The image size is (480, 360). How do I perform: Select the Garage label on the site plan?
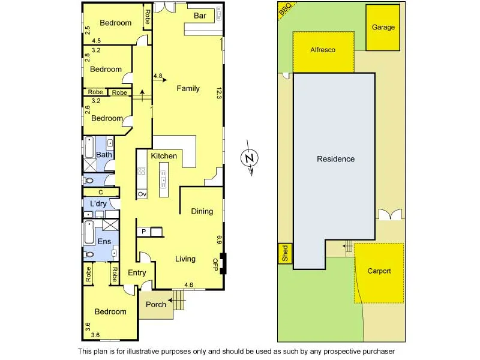click(x=383, y=28)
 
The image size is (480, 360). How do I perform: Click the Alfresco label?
click(x=322, y=50)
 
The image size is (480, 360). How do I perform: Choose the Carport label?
click(x=379, y=271)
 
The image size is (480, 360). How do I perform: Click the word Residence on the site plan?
click(x=335, y=159)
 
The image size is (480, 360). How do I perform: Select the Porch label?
click(x=156, y=304)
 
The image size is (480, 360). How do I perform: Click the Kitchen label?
click(x=164, y=156)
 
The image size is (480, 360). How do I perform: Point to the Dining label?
click(x=202, y=211)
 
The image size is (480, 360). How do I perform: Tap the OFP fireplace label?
click(x=215, y=263)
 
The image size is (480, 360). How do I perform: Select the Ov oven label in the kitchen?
click(x=142, y=194)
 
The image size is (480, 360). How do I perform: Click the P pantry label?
click(x=144, y=231)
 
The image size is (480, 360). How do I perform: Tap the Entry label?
click(x=137, y=273)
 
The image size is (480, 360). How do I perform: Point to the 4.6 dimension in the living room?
click(x=188, y=284)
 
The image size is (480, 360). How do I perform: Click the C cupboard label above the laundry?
click(x=101, y=192)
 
